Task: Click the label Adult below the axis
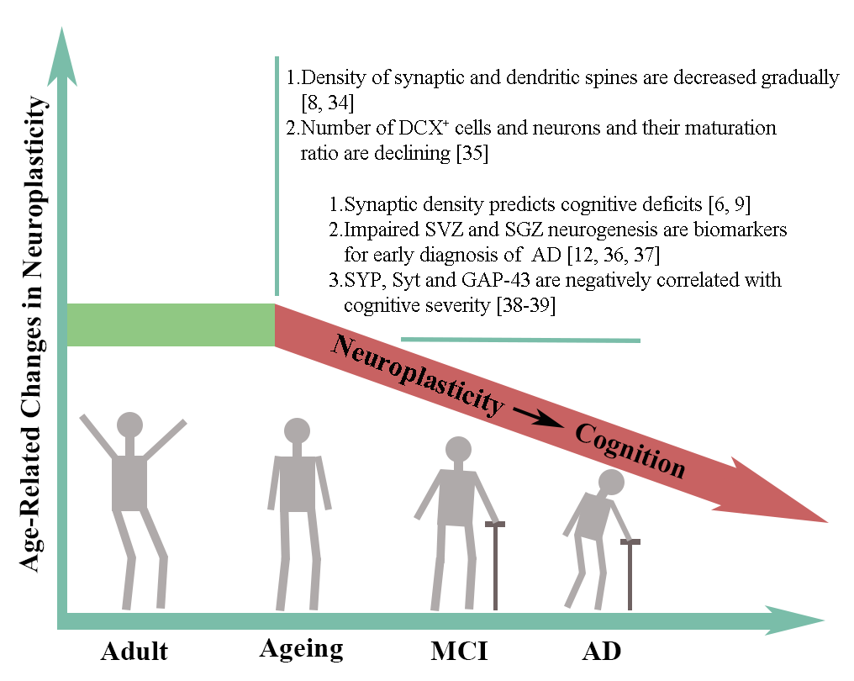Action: pos(134,651)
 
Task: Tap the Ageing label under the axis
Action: pos(301,649)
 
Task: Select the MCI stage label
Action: pos(459,651)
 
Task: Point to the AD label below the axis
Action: pos(601,651)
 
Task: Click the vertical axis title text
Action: pos(32,334)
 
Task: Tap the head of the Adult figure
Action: pos(129,425)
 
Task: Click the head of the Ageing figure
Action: pos(297,431)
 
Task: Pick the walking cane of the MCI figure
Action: pos(495,566)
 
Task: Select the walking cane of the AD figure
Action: pos(630,574)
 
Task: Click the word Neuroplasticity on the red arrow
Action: pos(417,375)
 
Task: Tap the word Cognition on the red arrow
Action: pos(630,451)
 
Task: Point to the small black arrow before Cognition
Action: pos(538,417)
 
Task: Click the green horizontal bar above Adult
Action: pos(171,325)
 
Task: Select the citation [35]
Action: pos(472,153)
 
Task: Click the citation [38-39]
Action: pos(525,305)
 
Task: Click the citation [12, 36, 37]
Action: pos(614,255)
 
